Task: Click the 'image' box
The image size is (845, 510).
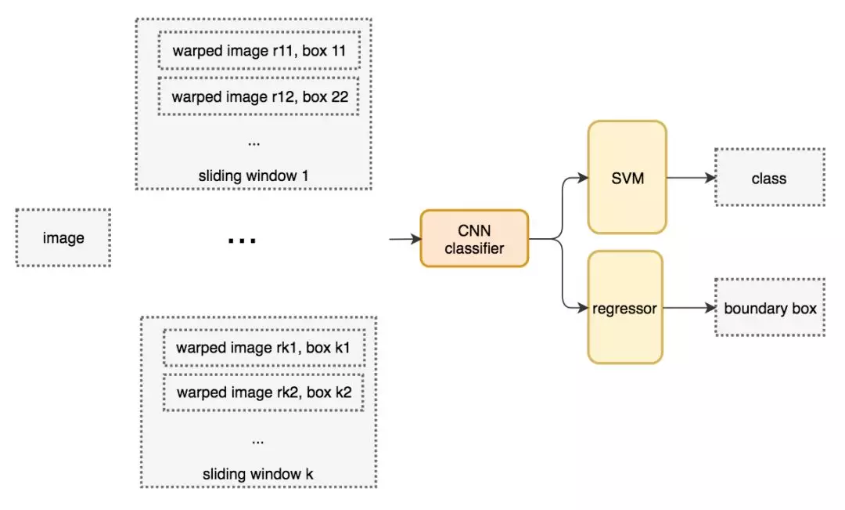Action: [63, 237]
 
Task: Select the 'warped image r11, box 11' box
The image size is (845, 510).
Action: [259, 52]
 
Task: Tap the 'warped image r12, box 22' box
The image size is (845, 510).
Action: [259, 97]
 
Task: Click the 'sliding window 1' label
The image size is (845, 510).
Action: [253, 175]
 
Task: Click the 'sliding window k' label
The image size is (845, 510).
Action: [258, 473]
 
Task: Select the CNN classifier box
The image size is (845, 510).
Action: [474, 238]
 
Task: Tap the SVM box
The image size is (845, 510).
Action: [627, 178]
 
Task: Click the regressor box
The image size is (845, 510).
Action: [625, 308]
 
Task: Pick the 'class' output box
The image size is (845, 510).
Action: [769, 178]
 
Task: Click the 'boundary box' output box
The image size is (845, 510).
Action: [770, 308]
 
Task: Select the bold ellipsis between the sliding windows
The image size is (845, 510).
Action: [242, 240]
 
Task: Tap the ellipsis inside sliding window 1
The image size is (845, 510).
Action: [253, 143]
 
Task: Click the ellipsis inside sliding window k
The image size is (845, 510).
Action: [258, 440]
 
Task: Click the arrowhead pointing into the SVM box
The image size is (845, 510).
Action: [584, 178]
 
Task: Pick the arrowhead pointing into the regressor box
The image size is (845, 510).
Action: [584, 308]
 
